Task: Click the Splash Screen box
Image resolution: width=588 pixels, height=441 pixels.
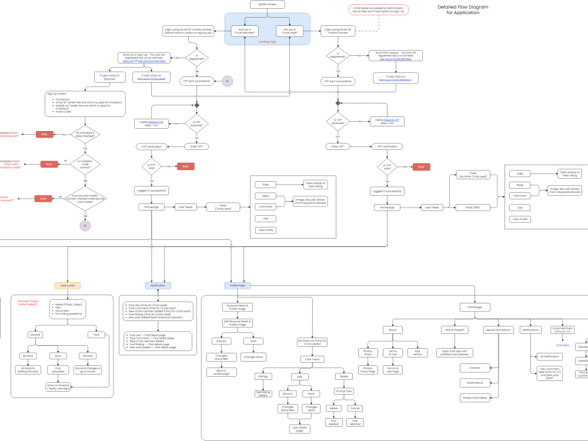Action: click(x=268, y=4)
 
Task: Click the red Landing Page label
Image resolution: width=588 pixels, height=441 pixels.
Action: click(x=268, y=42)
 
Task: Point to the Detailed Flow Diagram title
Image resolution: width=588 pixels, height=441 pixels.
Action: click(x=463, y=10)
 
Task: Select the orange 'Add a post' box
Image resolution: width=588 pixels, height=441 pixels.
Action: click(x=67, y=285)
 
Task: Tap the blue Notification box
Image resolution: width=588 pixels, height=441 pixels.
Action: click(x=158, y=285)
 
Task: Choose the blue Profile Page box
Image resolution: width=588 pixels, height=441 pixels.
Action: click(x=238, y=285)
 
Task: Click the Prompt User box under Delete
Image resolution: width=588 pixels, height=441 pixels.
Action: click(x=343, y=392)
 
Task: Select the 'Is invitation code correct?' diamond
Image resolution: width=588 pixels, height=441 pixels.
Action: click(x=85, y=165)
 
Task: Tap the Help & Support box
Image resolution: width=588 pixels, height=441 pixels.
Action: click(x=455, y=330)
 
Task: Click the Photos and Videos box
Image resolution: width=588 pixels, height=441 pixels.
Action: click(x=475, y=397)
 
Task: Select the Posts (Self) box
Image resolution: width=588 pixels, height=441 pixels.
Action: click(x=473, y=207)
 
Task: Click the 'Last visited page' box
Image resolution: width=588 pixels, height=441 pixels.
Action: click(x=299, y=429)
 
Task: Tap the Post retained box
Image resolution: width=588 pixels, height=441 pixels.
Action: click(x=355, y=422)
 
